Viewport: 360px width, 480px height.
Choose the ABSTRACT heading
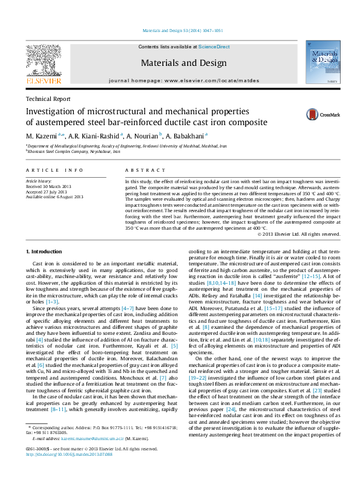pos(142,172)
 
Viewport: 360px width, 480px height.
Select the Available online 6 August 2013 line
pos(54,196)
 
